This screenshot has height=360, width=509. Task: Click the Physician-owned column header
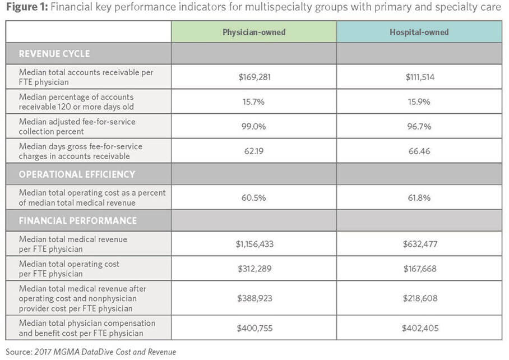point(254,32)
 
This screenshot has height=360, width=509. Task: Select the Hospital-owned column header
point(419,32)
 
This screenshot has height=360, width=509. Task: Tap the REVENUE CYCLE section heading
point(54,54)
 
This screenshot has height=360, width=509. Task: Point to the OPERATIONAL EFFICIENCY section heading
point(77,174)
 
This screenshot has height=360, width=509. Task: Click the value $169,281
point(254,77)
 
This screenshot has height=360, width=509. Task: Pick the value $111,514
point(419,77)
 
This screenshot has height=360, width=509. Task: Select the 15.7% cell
point(254,101)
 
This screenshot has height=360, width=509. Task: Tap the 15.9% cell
point(419,101)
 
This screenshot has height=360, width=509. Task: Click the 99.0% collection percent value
point(254,126)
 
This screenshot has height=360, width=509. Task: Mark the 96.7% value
point(419,126)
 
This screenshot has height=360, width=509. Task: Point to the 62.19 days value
point(254,151)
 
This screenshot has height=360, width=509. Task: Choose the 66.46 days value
point(419,151)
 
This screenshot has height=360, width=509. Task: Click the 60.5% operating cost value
point(254,197)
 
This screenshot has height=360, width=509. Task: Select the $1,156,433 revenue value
point(254,243)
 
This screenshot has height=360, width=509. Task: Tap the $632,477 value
point(419,243)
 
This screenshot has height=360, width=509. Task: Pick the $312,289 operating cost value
point(254,268)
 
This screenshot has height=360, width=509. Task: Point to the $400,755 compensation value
point(254,328)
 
